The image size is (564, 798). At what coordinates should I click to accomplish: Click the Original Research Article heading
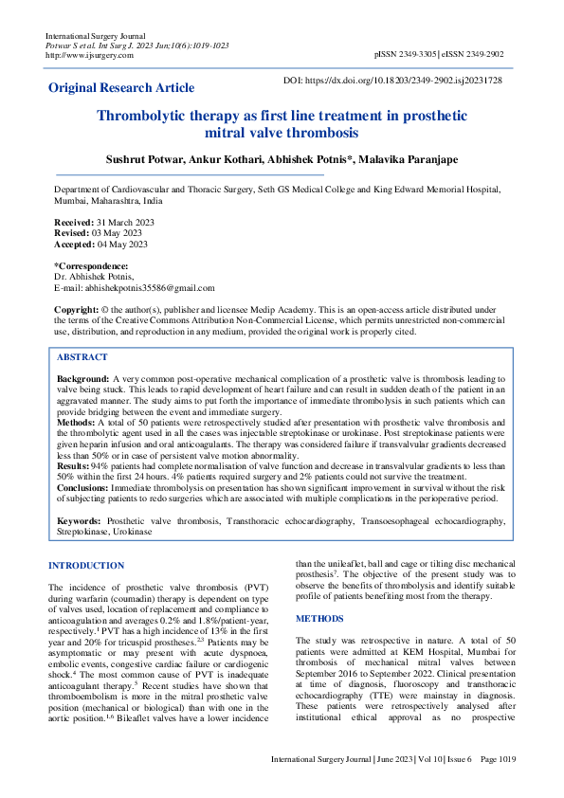pos(121,88)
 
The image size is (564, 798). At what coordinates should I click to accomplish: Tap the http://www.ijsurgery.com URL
pos(82,55)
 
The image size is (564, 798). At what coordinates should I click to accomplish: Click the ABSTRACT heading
pos(82,357)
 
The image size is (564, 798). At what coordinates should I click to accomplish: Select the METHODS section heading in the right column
pos(319,618)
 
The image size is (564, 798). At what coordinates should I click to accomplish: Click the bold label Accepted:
pos(76,244)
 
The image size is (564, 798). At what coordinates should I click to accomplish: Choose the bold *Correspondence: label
pos(91,265)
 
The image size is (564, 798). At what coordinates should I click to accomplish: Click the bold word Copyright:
pos(77,310)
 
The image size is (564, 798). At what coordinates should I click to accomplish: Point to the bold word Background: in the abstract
pos(83,378)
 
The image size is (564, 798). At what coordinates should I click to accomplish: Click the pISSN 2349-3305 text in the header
pos(405,55)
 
